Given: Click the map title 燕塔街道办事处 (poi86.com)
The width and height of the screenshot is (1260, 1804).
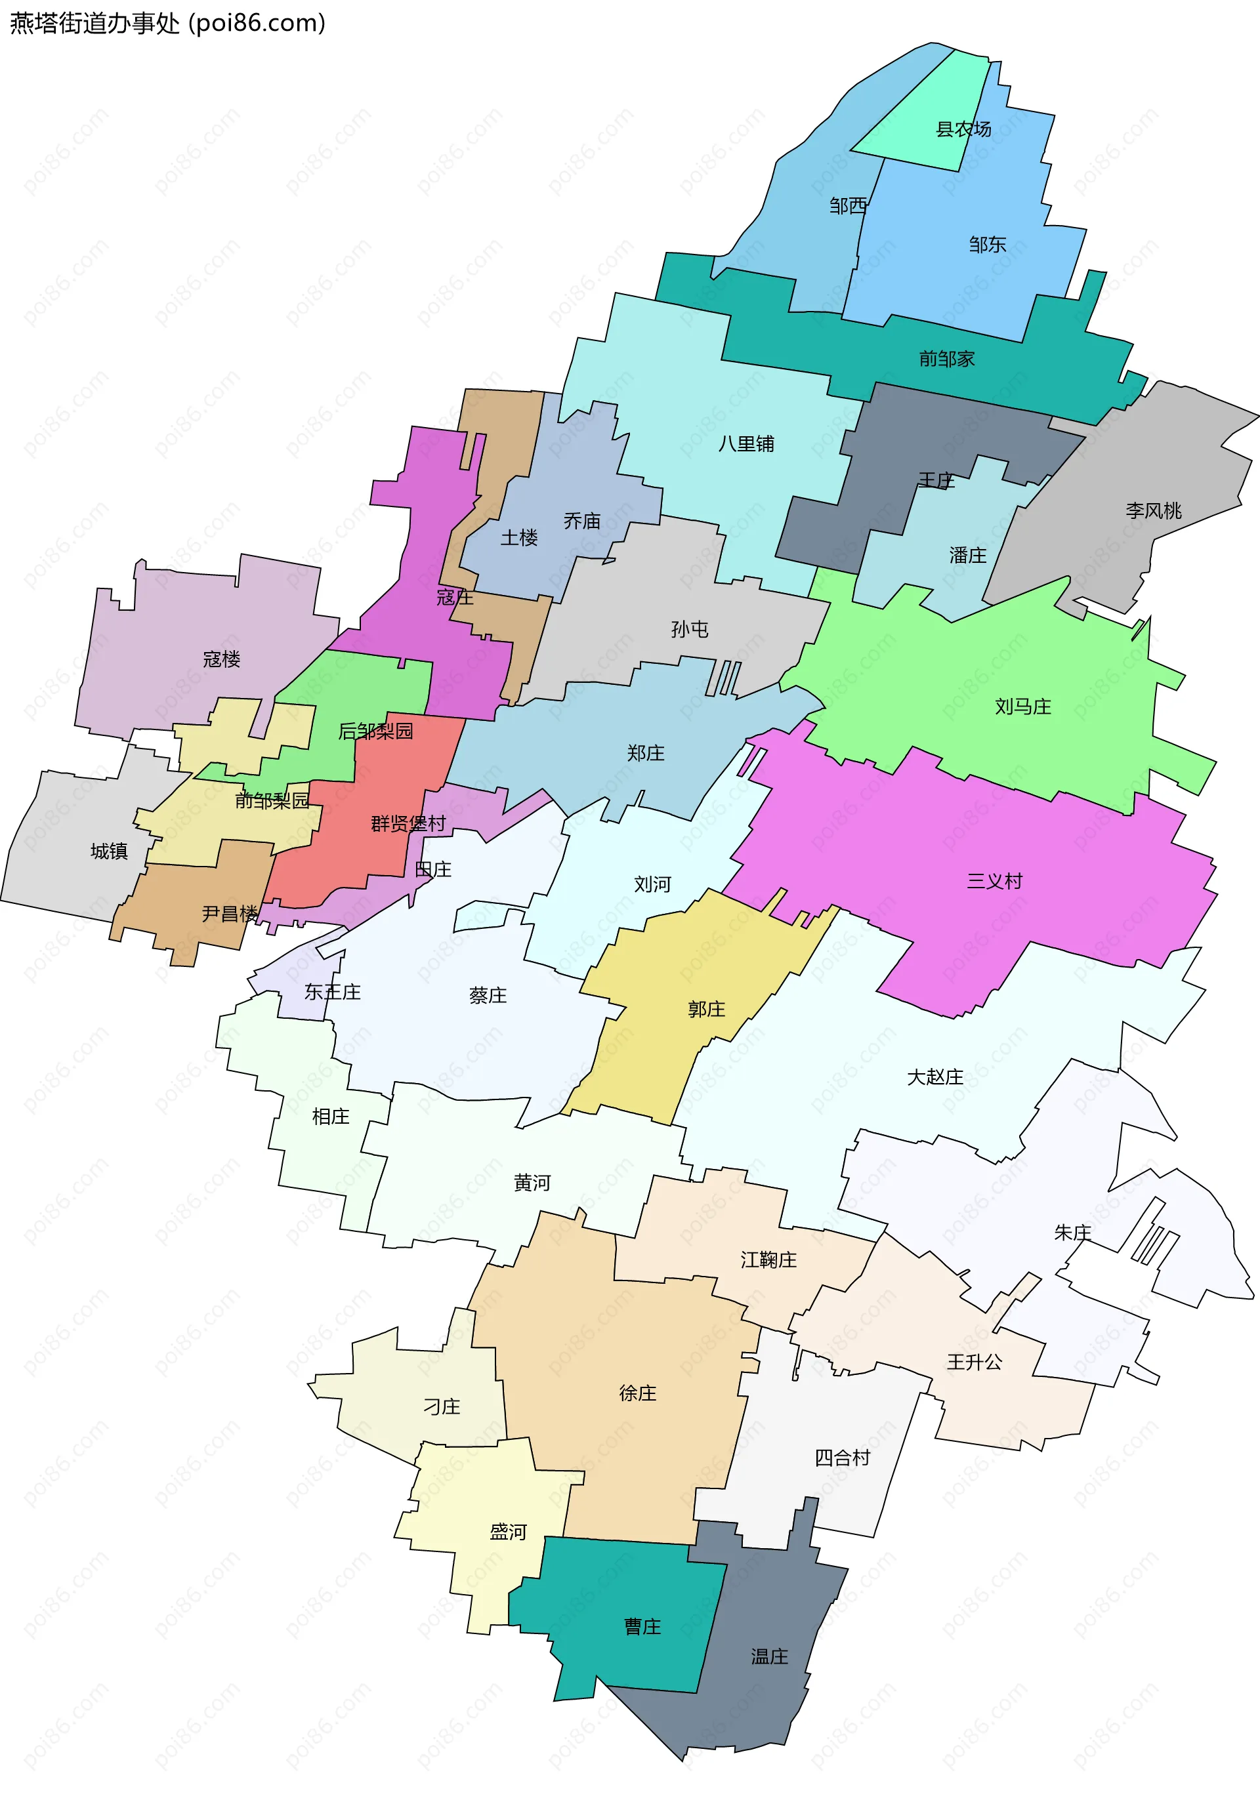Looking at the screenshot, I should (167, 23).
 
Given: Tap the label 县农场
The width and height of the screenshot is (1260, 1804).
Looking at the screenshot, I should (963, 129).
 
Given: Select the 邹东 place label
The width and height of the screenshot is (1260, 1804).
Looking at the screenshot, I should (987, 244).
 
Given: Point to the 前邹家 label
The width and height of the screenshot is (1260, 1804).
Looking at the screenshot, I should (946, 359).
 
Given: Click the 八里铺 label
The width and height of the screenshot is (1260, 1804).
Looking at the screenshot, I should (746, 444).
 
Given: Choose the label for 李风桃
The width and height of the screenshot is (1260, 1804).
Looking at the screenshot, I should (1153, 511).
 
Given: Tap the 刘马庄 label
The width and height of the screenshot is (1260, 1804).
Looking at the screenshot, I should (1022, 707).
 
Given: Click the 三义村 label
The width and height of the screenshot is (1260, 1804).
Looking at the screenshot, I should (994, 881).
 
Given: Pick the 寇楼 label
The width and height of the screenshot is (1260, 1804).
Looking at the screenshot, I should (221, 659).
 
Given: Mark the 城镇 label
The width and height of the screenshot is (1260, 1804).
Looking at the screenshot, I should (108, 851).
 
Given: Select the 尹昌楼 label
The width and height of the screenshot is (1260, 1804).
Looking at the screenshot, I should (230, 913).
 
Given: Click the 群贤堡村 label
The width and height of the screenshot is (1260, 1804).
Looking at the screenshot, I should (408, 823).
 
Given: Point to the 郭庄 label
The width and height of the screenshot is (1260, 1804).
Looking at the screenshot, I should (706, 1009).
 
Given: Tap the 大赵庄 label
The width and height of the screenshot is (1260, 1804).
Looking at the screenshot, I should (934, 1076).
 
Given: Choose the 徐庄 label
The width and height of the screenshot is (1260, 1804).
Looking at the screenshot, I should (637, 1393).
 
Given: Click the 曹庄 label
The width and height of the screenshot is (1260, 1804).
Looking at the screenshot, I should (642, 1626).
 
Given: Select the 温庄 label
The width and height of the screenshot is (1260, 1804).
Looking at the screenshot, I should (768, 1656).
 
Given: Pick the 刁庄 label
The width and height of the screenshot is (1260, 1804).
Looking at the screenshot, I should (442, 1406).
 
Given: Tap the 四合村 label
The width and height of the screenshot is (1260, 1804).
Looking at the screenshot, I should (843, 1458).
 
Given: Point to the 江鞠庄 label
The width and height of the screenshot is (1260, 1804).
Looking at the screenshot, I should (768, 1260).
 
